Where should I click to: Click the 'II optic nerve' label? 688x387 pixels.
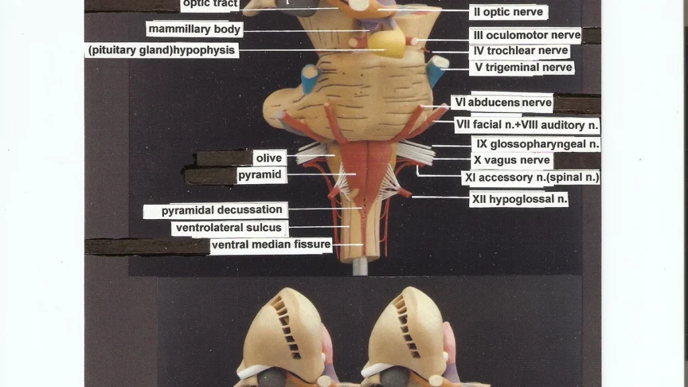tap(509, 12)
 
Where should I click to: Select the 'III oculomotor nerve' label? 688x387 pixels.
tap(527, 35)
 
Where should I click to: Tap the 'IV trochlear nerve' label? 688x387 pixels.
tap(521, 51)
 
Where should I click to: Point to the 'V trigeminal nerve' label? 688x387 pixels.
tap(523, 68)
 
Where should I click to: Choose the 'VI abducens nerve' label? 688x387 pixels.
tap(503, 103)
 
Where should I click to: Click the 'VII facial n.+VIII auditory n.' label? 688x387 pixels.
tap(527, 125)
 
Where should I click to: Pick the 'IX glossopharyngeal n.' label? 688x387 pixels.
tap(537, 144)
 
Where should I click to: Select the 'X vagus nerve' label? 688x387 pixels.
tap(511, 160)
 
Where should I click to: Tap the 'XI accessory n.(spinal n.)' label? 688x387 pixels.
tap(531, 177)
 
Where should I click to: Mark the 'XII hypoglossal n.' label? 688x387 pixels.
tap(519, 199)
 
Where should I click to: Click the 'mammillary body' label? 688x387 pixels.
tap(194, 29)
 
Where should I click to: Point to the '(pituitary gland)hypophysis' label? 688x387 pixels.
tap(161, 50)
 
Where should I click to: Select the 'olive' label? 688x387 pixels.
tap(269, 158)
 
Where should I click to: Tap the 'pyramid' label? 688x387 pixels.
tap(260, 175)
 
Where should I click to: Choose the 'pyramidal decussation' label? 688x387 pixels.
tap(222, 210)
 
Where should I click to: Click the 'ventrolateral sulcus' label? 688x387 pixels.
tap(229, 228)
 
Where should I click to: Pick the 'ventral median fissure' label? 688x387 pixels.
tap(271, 245)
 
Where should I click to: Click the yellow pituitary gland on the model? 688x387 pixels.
tap(386, 43)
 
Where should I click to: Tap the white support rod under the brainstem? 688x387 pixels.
tap(360, 266)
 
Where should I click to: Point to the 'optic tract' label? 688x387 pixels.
tap(210, 4)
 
